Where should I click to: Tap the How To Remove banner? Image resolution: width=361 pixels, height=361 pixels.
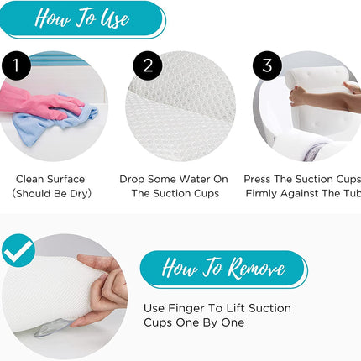coord(222,269)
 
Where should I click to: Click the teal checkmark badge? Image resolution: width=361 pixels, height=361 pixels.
coord(17,250)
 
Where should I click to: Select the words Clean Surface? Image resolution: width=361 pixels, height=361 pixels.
coord(50,179)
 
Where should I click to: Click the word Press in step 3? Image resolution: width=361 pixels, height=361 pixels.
coord(258,179)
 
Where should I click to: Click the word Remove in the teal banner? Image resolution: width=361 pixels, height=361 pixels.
coord(255,269)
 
